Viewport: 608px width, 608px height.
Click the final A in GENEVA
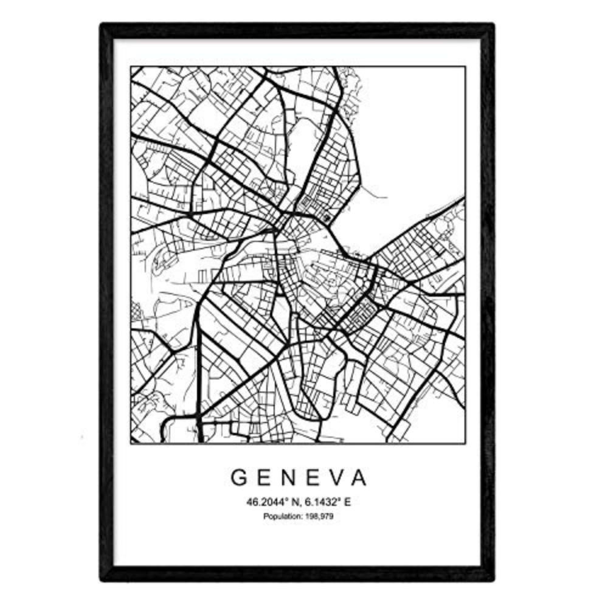(361, 478)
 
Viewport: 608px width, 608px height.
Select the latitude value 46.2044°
(264, 502)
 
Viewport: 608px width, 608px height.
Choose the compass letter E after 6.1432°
(348, 502)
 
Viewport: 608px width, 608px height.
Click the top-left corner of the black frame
(102, 25)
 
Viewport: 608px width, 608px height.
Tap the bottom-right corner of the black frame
(492, 579)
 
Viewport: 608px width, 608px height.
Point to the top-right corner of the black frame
(492, 25)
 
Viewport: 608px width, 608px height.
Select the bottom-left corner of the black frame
(102, 579)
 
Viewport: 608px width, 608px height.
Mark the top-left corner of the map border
(131, 67)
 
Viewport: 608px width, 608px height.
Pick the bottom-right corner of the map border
(465, 443)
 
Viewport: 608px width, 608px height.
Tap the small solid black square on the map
(328, 217)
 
